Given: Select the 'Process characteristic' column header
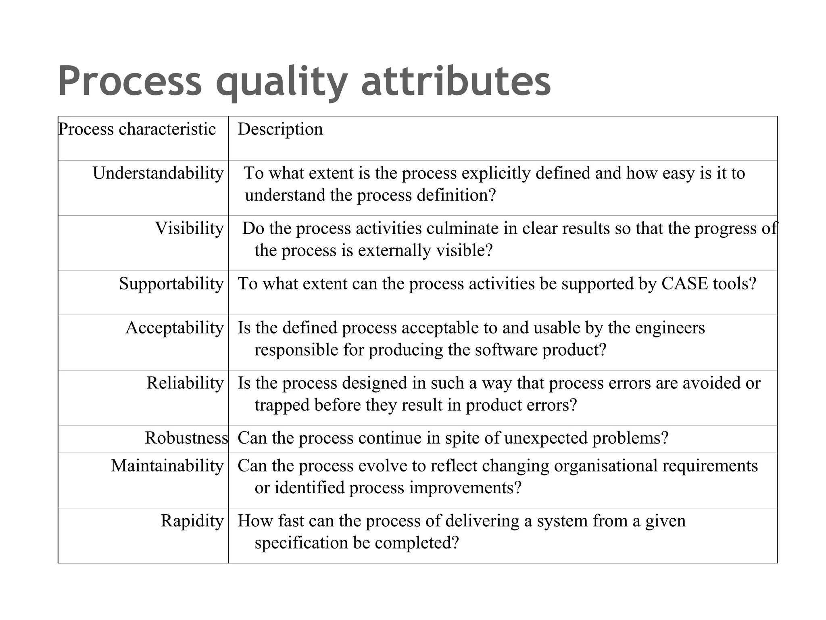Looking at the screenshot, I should [x=137, y=129].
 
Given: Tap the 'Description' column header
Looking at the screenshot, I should [x=280, y=129].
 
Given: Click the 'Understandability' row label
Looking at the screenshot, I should [x=158, y=173].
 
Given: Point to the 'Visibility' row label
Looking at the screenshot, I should [x=189, y=228].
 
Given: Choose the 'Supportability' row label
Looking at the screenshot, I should [x=171, y=284].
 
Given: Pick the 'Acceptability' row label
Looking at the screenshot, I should [x=174, y=328].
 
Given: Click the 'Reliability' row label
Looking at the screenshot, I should [x=185, y=383].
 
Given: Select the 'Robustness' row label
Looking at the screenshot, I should [x=186, y=438].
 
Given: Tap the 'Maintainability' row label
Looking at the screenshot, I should [x=167, y=466].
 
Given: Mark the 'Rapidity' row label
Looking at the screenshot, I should [x=192, y=521].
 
